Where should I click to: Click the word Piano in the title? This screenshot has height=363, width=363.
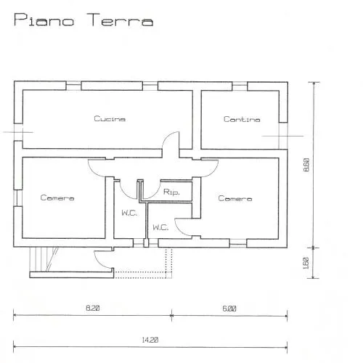click(44, 20)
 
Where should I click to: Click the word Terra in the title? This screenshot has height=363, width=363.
click(120, 20)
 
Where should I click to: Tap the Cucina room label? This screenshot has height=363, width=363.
click(110, 118)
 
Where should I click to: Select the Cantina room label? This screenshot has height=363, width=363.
click(242, 119)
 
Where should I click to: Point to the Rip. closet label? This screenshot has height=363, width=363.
click(171, 192)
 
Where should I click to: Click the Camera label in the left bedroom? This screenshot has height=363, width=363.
click(57, 197)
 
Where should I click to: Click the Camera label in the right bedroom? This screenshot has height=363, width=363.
click(235, 198)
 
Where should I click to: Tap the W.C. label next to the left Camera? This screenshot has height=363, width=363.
click(129, 213)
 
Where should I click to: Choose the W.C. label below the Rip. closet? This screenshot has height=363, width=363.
click(160, 227)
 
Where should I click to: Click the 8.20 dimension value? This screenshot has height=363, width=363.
click(93, 308)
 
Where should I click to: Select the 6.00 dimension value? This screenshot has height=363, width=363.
click(229, 309)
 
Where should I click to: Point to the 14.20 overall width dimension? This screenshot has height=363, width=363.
click(150, 340)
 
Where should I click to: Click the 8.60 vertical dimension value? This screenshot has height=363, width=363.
click(306, 165)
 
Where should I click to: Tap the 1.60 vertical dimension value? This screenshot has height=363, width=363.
click(306, 264)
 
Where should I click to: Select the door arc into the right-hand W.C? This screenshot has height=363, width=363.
click(179, 230)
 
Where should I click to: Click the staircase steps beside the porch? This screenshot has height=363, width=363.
click(44, 259)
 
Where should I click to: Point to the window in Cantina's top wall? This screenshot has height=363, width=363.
click(240, 86)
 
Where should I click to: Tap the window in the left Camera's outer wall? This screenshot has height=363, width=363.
click(18, 197)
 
